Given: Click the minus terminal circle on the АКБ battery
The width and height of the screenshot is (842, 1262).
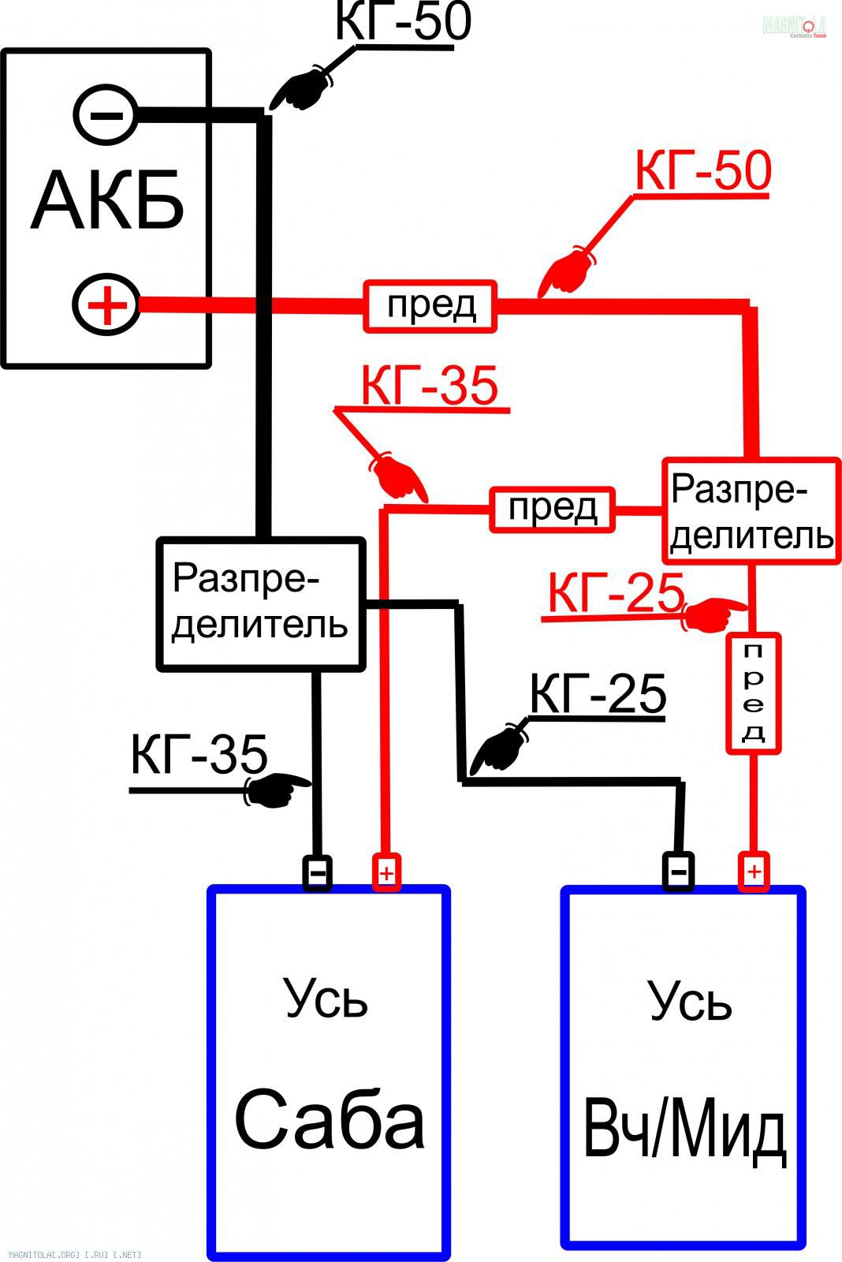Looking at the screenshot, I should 106,114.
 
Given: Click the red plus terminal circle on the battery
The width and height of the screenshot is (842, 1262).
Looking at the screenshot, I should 106,304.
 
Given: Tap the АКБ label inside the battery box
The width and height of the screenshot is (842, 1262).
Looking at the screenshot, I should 108,200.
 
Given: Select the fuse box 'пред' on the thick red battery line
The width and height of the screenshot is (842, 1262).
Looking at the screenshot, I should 430,305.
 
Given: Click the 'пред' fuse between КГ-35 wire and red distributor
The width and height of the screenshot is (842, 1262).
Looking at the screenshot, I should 552,509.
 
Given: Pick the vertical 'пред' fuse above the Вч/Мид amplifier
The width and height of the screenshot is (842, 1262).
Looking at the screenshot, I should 753,693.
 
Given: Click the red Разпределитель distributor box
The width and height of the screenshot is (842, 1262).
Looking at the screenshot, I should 751,510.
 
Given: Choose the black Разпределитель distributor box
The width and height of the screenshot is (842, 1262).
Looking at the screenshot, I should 261,603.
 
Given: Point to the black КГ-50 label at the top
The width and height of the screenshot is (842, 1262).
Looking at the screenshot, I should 403,21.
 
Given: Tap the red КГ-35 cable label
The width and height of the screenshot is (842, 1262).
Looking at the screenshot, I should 430,386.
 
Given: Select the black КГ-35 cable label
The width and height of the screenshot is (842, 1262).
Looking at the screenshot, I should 199,755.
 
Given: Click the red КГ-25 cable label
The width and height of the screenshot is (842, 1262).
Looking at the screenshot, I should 616,592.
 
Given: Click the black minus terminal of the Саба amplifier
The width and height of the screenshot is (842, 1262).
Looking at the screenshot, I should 318,873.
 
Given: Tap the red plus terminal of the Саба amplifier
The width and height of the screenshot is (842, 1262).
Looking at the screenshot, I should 386,873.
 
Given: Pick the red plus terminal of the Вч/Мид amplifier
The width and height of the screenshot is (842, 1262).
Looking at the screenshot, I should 754,872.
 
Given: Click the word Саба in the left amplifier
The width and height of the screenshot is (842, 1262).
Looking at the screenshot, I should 330,1120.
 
